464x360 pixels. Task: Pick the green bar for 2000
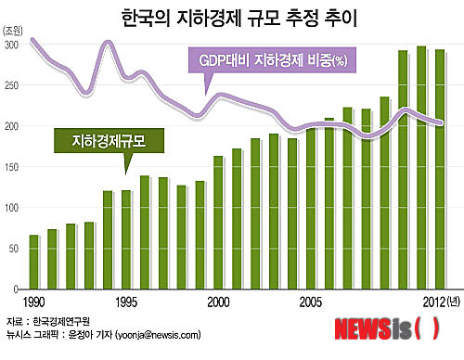click(x=218, y=223)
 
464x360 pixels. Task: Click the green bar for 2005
click(x=311, y=209)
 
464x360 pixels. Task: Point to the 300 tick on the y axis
click(x=11, y=45)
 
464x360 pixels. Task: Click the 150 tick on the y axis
click(x=11, y=167)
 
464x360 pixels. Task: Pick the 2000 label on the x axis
click(x=219, y=302)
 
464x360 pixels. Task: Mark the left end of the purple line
click(x=31, y=39)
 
